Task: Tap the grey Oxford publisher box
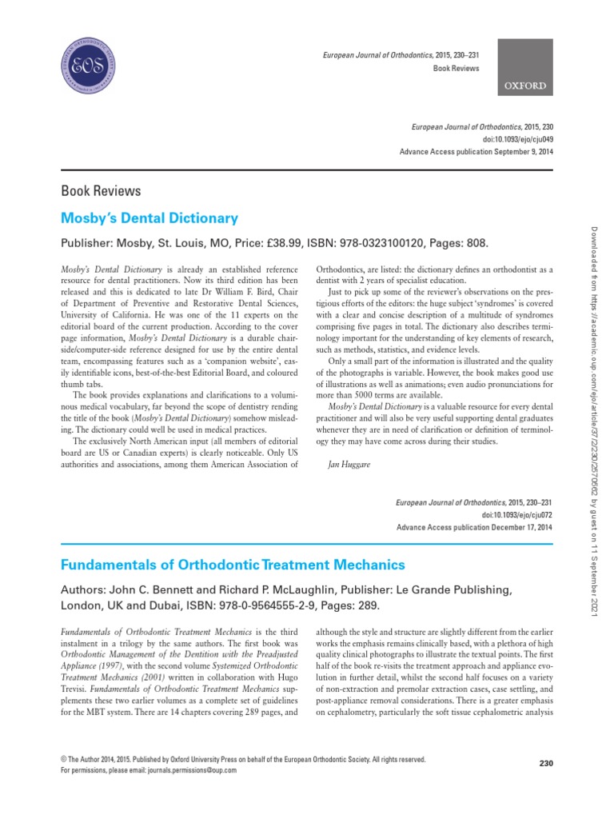[x=524, y=66]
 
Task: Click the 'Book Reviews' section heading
[x=101, y=190]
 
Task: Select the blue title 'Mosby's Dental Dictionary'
[x=150, y=218]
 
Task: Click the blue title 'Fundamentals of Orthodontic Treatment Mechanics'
[x=233, y=565]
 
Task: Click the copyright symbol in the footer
[x=64, y=758]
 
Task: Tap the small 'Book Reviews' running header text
[x=456, y=69]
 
